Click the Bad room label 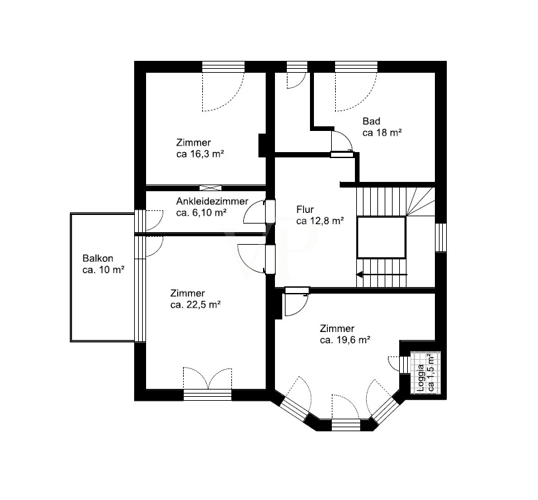tap(371, 121)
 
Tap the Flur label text tap(305, 210)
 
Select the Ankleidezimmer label tap(212, 201)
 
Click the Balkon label tap(98, 258)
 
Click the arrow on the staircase tap(382, 274)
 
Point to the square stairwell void tap(381, 237)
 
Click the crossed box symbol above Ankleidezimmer tap(211, 188)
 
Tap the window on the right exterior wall tap(441, 237)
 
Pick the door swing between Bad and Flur tap(342, 142)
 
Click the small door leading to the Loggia tap(394, 363)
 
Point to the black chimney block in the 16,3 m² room tap(262, 146)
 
